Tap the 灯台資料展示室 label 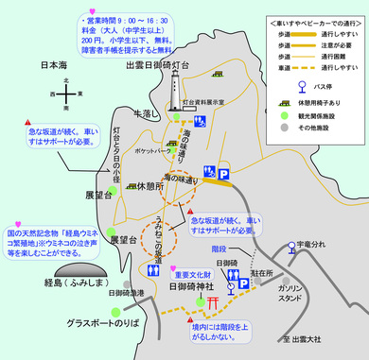pos(214,98)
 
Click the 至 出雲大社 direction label pos(306,340)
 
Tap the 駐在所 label pos(262,273)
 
